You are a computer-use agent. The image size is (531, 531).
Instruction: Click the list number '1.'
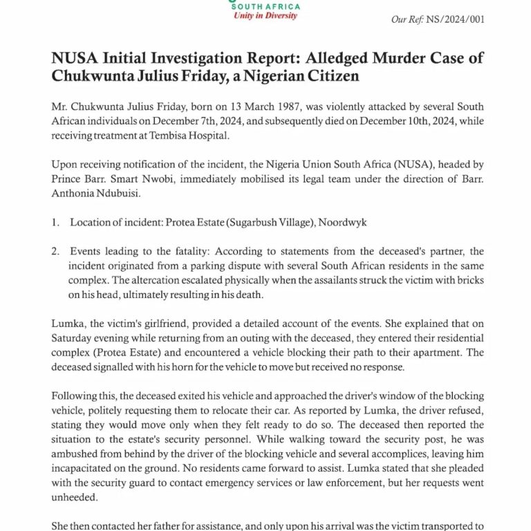56,223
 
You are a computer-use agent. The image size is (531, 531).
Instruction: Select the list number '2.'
56,251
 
